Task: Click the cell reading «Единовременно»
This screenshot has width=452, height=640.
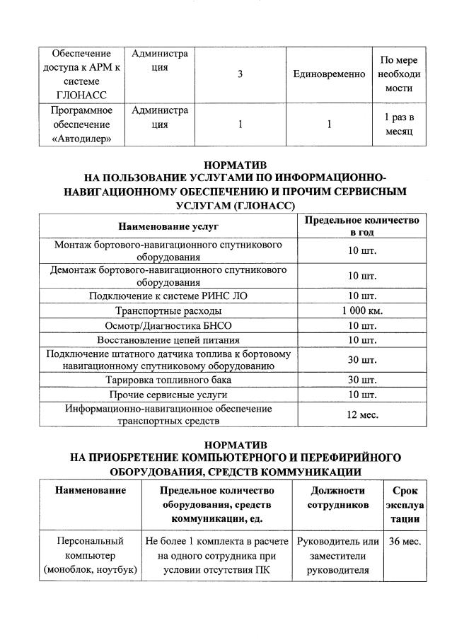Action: point(329,74)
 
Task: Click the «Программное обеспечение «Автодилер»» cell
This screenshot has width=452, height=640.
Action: point(81,124)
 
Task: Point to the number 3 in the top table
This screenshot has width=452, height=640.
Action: point(240,74)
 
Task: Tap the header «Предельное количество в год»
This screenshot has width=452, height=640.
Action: point(361,226)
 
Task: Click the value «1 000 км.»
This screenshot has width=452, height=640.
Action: point(361,311)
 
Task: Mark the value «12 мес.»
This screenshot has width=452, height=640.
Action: point(361,414)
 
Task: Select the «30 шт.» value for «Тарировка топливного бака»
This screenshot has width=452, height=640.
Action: point(361,380)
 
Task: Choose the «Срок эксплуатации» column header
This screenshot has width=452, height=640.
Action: point(403,504)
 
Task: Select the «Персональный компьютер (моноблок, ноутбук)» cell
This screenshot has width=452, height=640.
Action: point(89,556)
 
